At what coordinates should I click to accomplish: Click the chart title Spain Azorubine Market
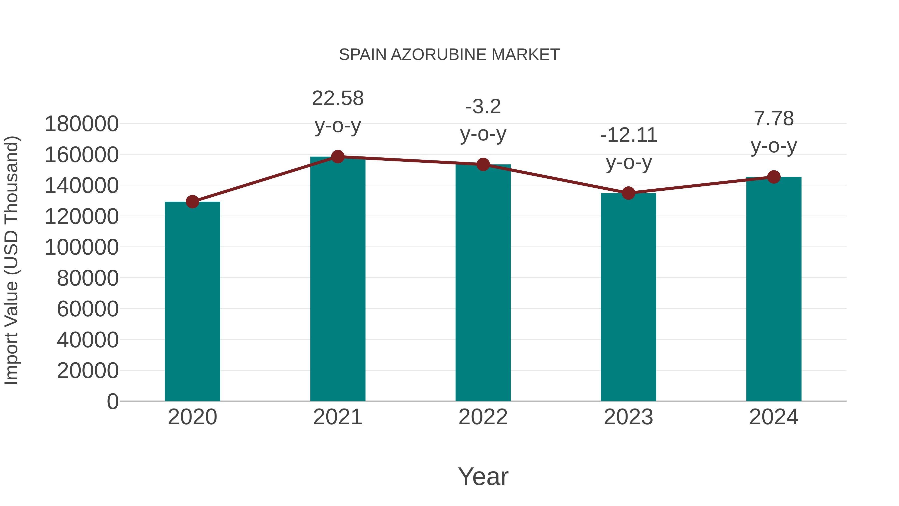(449, 55)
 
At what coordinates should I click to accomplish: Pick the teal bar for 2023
(628, 297)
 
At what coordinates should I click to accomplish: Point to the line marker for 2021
(337, 157)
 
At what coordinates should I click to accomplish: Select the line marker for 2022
(483, 164)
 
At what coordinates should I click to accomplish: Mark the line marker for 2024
(774, 177)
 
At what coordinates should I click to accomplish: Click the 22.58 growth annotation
(337, 99)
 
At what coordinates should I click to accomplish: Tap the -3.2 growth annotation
(483, 107)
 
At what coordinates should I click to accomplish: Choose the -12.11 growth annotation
(629, 135)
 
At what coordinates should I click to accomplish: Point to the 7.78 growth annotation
(774, 119)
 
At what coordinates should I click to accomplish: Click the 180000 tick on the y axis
(82, 124)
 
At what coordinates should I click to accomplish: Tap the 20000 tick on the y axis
(88, 371)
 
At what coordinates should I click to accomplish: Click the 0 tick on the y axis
(113, 402)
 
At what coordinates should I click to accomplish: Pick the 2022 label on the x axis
(483, 417)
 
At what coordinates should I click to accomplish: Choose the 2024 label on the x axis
(774, 417)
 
